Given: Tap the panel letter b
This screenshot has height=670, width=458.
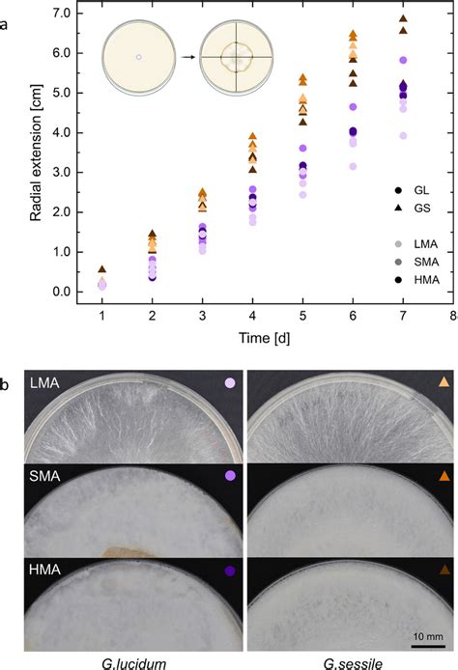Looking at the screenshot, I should (7, 359).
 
